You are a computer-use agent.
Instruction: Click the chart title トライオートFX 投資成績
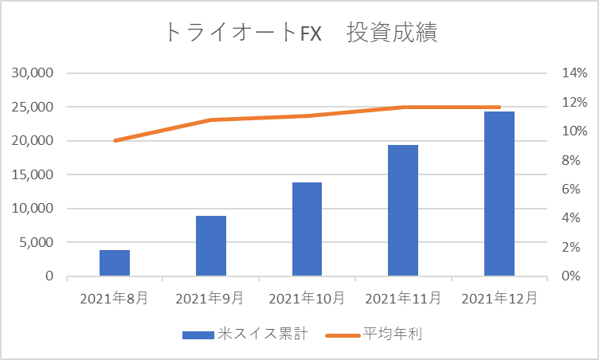click(x=301, y=32)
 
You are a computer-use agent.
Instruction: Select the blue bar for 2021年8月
click(x=115, y=263)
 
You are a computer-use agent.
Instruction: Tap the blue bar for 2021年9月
click(x=211, y=246)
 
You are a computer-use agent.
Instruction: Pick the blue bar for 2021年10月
click(x=307, y=229)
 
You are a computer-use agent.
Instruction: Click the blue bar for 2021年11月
click(x=403, y=210)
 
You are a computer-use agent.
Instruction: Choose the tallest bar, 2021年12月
click(x=499, y=194)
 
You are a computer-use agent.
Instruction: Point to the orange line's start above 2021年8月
click(x=115, y=141)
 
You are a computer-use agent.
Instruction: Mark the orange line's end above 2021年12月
click(x=499, y=107)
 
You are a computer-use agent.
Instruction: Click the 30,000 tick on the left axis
click(x=33, y=72)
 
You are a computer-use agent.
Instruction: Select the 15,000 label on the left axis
click(x=33, y=174)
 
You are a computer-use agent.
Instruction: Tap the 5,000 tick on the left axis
click(x=37, y=242)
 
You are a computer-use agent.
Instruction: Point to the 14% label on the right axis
click(x=574, y=72)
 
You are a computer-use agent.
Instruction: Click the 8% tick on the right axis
click(x=571, y=161)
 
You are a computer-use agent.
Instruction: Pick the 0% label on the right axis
click(x=571, y=276)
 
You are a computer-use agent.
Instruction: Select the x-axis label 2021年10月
click(x=307, y=298)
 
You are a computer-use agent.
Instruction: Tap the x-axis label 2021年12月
click(x=499, y=298)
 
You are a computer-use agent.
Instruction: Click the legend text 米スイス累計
click(x=263, y=334)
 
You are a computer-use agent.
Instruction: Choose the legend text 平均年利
click(x=393, y=334)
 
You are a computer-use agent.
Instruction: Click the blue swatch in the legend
click(x=198, y=335)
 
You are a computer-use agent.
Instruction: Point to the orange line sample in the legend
click(x=343, y=335)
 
